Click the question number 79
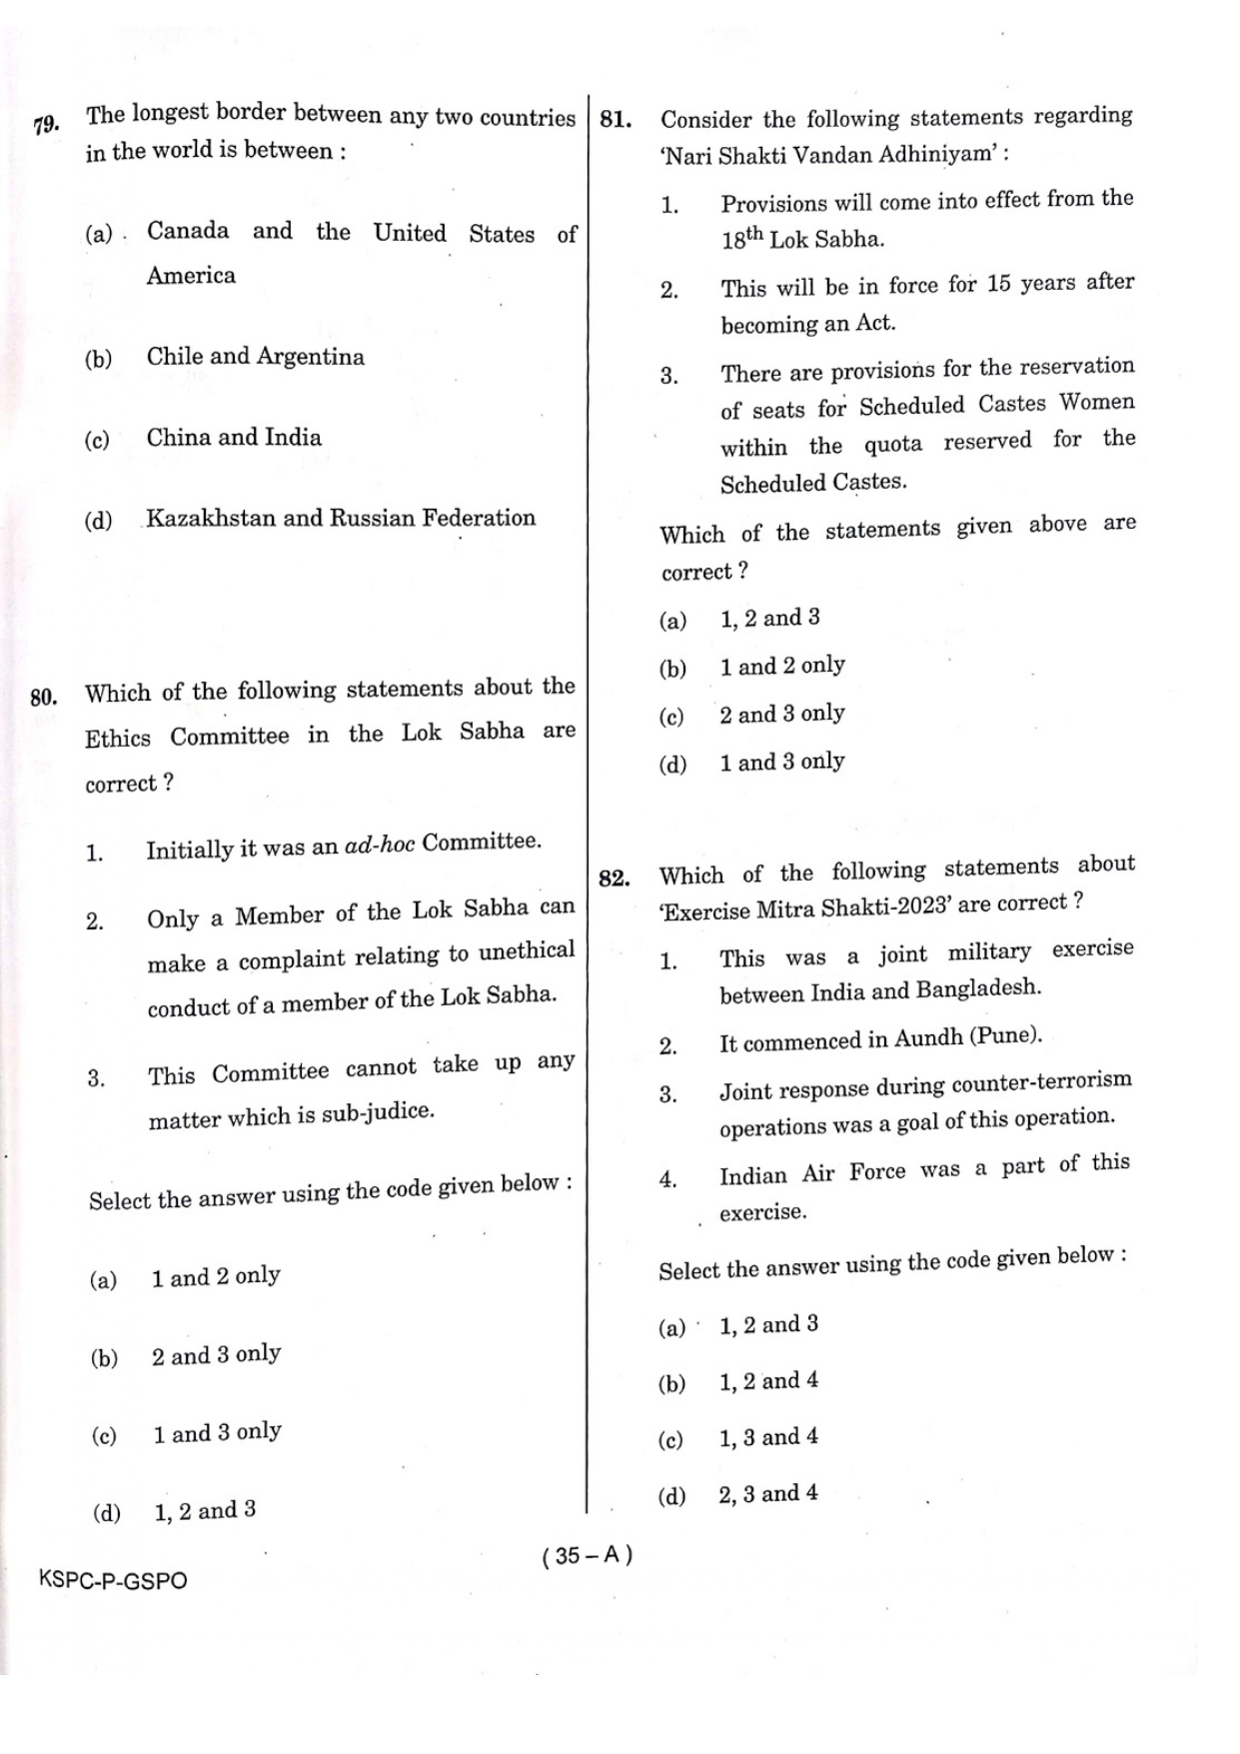pos(46,125)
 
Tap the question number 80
pos(43,697)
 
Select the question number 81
pos(616,121)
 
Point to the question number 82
pos(614,878)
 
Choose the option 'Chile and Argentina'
pos(255,357)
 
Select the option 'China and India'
pos(234,438)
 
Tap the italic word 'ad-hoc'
pos(379,845)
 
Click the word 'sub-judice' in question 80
pos(378,1112)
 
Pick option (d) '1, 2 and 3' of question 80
pos(204,1510)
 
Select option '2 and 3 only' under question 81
pos(781,714)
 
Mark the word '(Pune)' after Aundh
pos(1005,1035)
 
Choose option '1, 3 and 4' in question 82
pos(767,1437)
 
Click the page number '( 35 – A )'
pos(588,1555)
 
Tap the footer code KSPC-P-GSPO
pos(112,1581)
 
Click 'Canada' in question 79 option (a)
pos(188,231)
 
